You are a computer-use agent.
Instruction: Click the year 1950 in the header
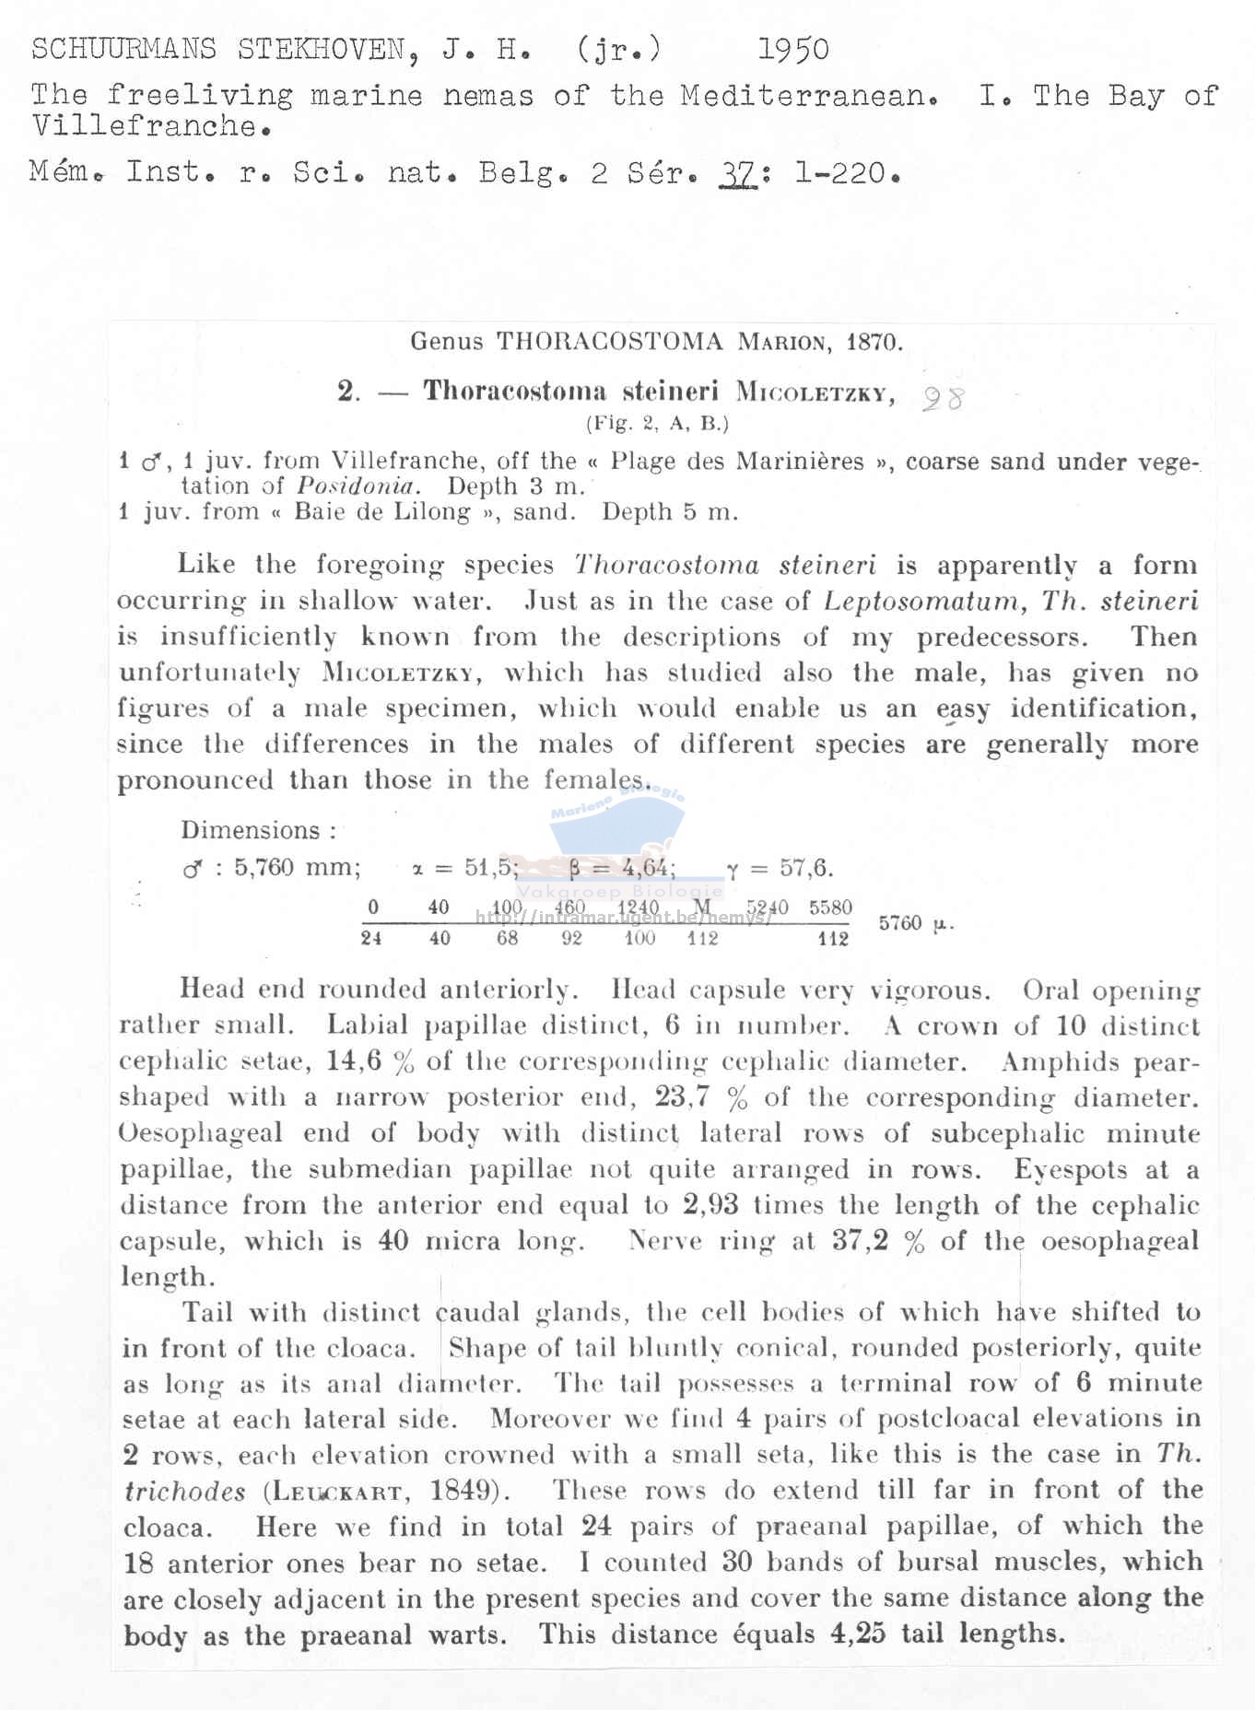click(x=792, y=50)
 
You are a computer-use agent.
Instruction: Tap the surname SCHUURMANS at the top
click(x=123, y=49)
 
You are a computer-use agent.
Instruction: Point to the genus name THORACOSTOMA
click(x=609, y=342)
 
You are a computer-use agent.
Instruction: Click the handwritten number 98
click(x=943, y=398)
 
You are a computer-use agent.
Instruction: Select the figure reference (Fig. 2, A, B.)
click(x=657, y=424)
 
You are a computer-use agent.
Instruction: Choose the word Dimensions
click(x=251, y=830)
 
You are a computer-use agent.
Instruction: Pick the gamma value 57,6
click(x=806, y=868)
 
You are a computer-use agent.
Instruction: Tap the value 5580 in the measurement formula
click(x=830, y=908)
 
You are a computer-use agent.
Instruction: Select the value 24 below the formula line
click(x=371, y=938)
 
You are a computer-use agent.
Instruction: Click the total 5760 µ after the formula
click(x=915, y=923)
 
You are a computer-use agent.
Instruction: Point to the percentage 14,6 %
click(x=369, y=1061)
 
